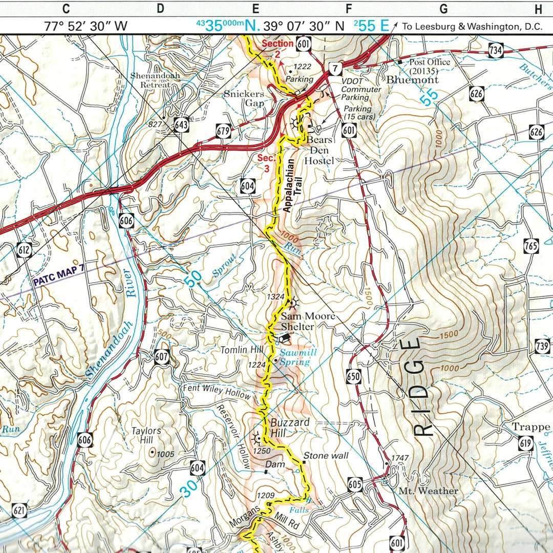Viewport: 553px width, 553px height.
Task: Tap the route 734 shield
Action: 495,50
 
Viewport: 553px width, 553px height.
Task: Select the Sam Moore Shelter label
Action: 308,322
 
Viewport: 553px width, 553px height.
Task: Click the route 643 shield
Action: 181,125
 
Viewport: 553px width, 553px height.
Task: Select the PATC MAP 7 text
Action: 58,281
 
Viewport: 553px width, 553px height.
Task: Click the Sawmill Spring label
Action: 294,357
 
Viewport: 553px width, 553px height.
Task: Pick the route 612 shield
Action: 24,250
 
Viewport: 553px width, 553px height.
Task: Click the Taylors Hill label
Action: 146,436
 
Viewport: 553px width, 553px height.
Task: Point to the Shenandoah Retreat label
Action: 155,80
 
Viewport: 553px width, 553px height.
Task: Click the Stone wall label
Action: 326,456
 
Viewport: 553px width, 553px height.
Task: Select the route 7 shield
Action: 335,68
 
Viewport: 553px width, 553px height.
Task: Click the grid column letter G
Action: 443,8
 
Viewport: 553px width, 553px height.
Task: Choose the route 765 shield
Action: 531,246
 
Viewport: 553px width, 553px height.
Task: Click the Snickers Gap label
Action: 244,98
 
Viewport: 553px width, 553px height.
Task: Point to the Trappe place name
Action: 533,427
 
